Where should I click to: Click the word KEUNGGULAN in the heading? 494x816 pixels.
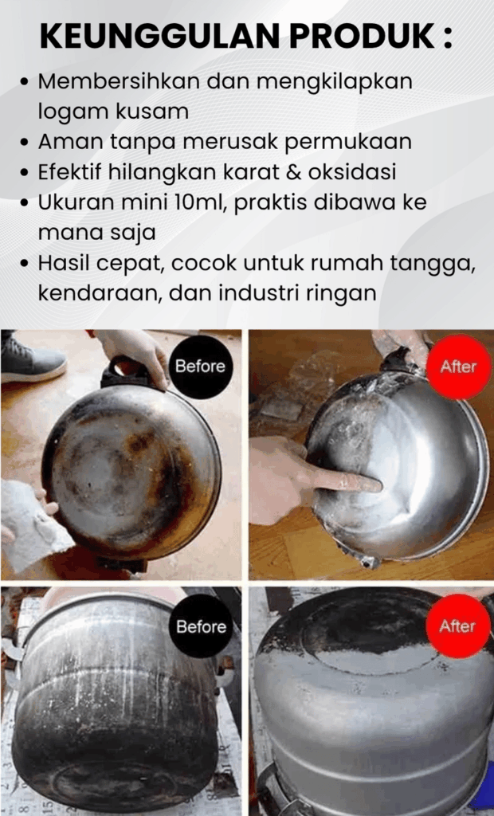pos(160,36)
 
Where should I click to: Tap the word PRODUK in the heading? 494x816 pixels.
pos(363,36)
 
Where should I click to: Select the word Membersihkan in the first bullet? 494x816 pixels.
pos(119,81)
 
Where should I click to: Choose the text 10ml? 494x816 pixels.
pos(198,202)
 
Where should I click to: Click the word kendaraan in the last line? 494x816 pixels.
pos(100,293)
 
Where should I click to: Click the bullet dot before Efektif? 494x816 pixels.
pos(24,173)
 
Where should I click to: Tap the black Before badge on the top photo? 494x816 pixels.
pos(200,367)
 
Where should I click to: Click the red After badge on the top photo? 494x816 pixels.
pos(459,367)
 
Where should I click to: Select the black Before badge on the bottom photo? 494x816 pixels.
pos(201,626)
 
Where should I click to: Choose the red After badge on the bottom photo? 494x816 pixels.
pos(458,626)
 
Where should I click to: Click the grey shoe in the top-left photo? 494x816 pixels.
pos(33,358)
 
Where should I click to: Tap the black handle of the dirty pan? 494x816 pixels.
pos(128,373)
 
